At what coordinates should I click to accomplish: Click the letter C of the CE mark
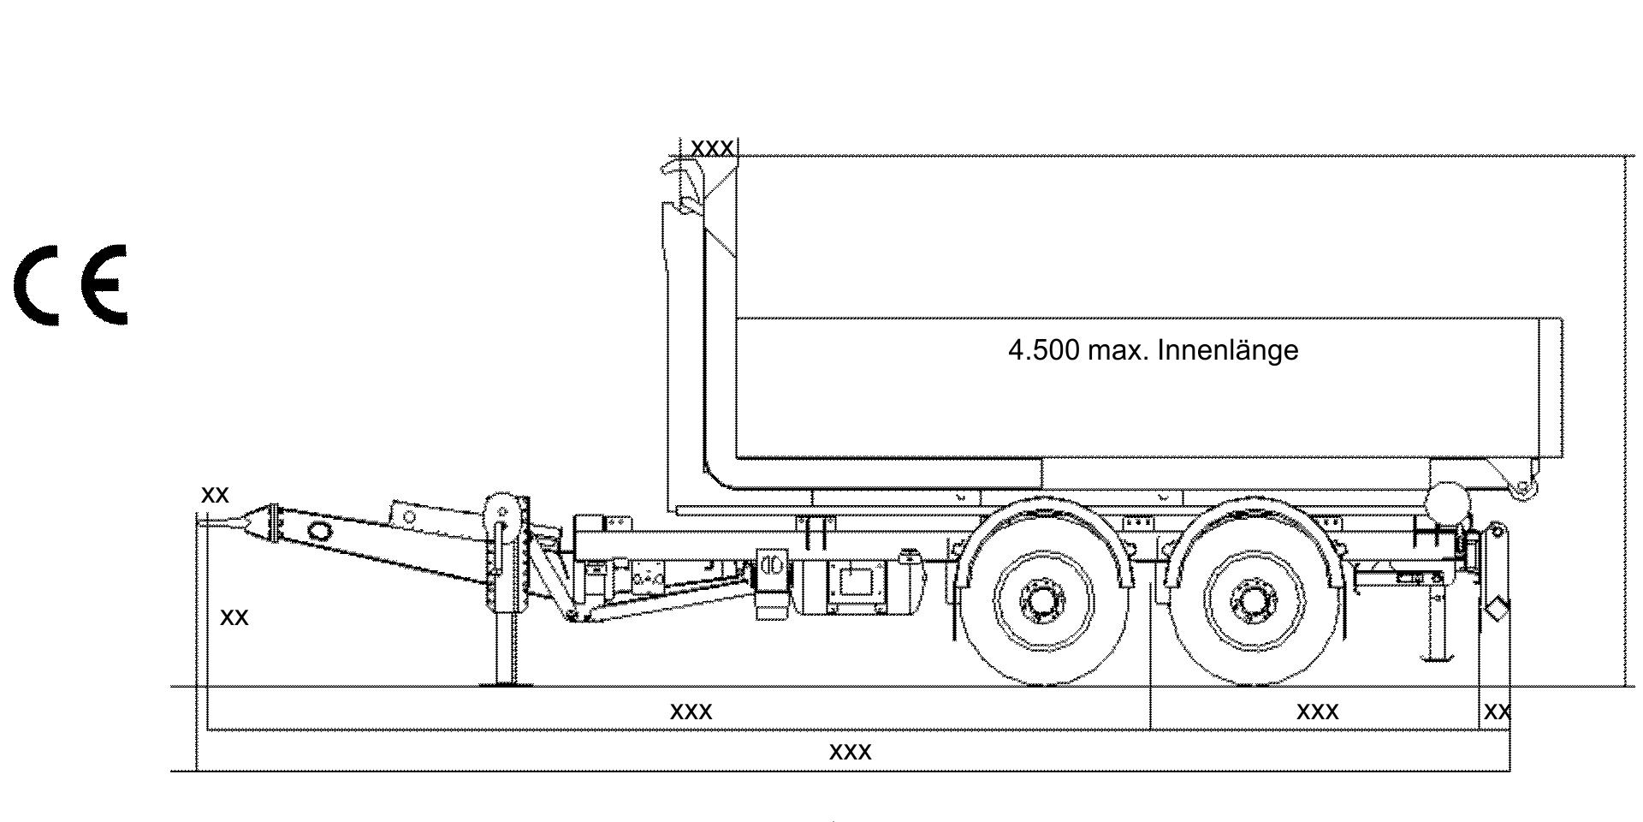(36, 285)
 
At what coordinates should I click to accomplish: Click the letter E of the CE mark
(104, 285)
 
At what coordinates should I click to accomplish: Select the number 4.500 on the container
(1043, 350)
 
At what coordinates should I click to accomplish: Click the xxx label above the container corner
(712, 148)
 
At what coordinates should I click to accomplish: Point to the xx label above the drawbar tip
(215, 495)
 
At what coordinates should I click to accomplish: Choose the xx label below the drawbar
(234, 617)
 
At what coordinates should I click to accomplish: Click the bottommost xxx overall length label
(851, 752)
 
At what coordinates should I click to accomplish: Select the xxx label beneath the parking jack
(691, 712)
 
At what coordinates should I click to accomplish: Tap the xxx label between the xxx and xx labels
(1318, 712)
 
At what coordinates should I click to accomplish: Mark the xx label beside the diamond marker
(1498, 712)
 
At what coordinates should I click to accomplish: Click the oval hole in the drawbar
(319, 530)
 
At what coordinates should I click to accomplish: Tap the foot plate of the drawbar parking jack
(505, 683)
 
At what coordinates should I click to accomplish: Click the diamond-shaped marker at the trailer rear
(1498, 610)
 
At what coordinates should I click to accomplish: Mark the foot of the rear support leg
(1438, 658)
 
